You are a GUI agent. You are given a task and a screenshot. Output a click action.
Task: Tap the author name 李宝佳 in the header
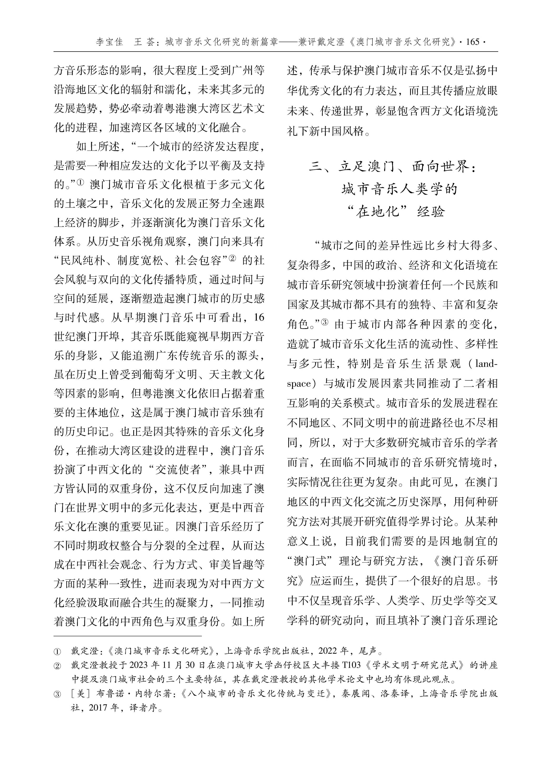coord(109,42)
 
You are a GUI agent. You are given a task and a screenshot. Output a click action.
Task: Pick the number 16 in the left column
coord(258,318)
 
